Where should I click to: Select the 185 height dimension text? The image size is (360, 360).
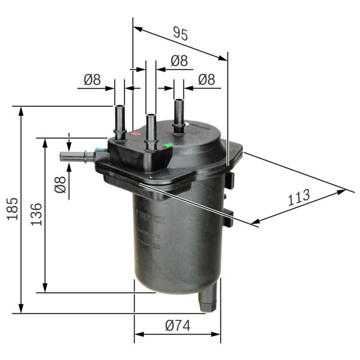[12, 209]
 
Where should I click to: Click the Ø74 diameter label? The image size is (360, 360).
[177, 326]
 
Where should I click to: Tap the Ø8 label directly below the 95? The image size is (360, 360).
[179, 61]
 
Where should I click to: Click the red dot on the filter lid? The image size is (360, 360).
[136, 134]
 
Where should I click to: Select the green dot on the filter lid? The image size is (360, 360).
[168, 145]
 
